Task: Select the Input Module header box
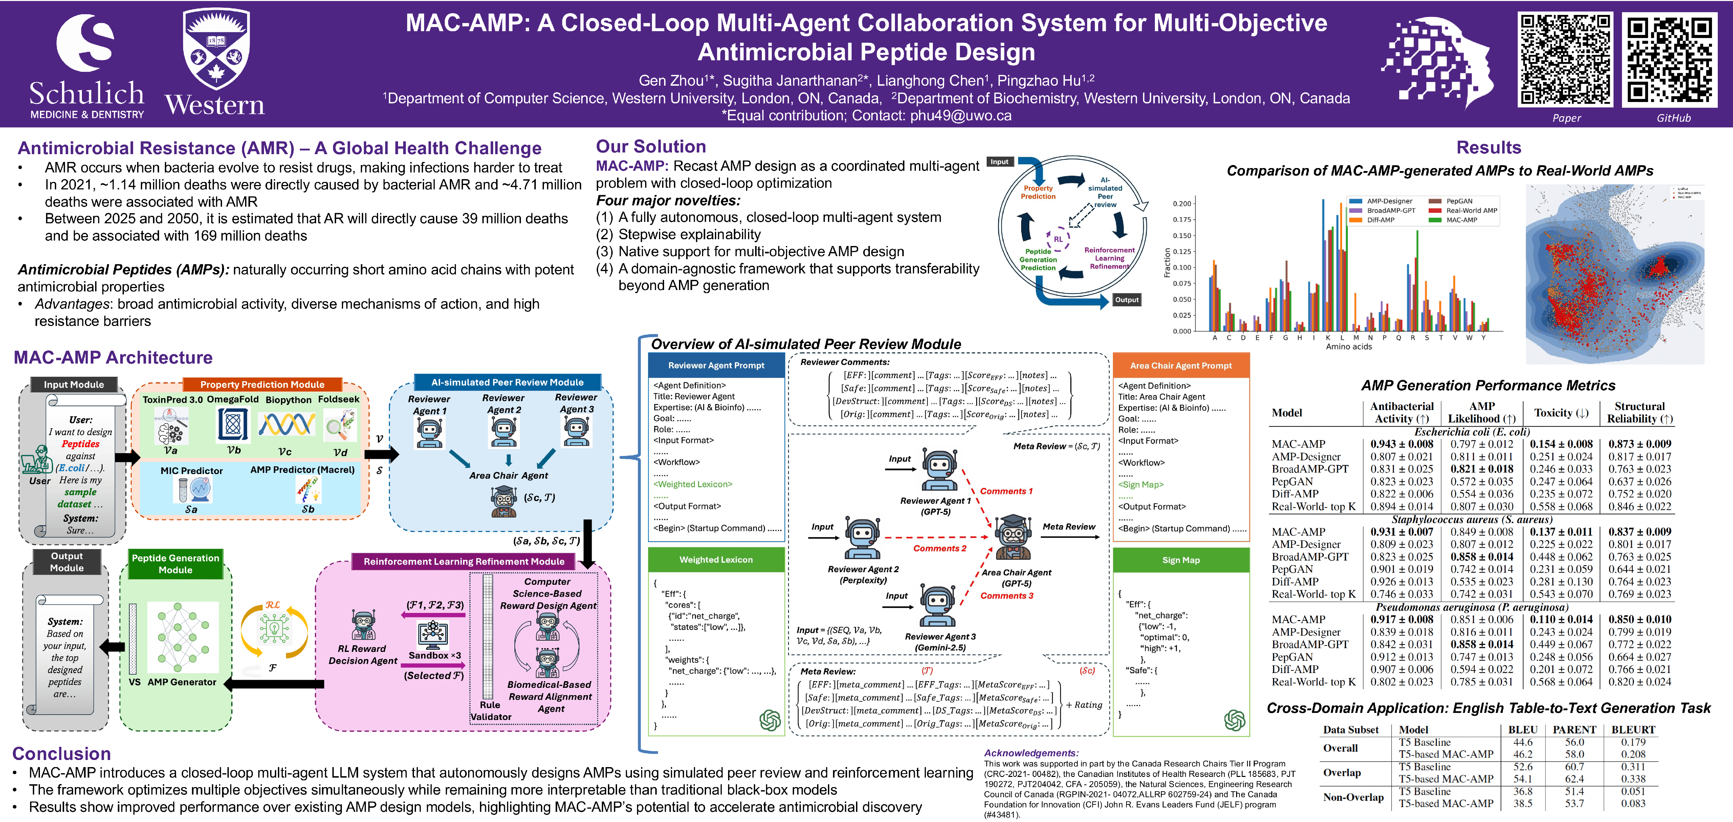pos(74,385)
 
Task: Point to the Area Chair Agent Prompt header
pos(1181,366)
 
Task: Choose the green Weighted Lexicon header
pos(716,559)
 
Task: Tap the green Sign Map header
pos(1181,560)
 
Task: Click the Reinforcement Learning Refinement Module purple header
pos(463,561)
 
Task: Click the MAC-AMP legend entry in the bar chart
pos(1461,220)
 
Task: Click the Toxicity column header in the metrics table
pos(1561,413)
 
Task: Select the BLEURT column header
pos(1633,730)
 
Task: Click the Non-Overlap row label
pos(1353,797)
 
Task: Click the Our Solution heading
pos(651,147)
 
